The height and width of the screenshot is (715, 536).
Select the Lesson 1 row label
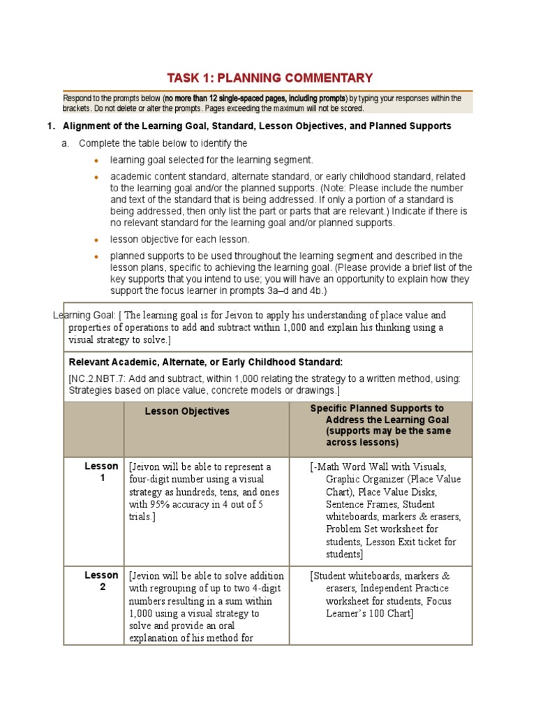click(101, 472)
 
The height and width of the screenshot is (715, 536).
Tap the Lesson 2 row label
click(101, 581)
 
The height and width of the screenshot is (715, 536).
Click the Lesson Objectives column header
click(187, 411)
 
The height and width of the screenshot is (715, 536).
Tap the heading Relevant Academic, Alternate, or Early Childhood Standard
click(205, 362)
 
